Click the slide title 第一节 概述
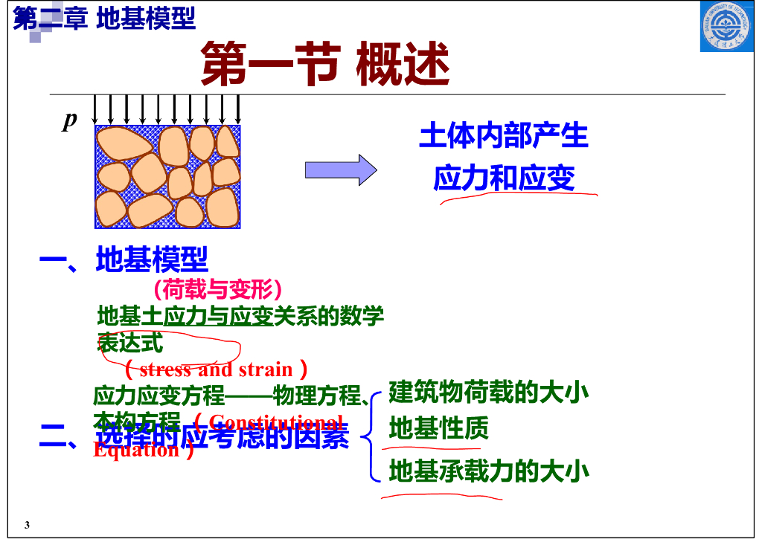(325, 64)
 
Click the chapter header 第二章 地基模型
(105, 19)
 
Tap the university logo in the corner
(726, 28)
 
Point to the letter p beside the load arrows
(70, 120)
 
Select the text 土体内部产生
(504, 136)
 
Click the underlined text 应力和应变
(504, 178)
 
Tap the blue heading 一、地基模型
(124, 259)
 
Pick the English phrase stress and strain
(216, 369)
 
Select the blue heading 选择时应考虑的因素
(222, 436)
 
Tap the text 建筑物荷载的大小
(489, 392)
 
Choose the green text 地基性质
(438, 428)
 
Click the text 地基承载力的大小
(489, 471)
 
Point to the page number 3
(27, 526)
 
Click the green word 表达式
(130, 343)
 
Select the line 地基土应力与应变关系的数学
(240, 316)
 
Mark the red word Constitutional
(276, 421)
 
